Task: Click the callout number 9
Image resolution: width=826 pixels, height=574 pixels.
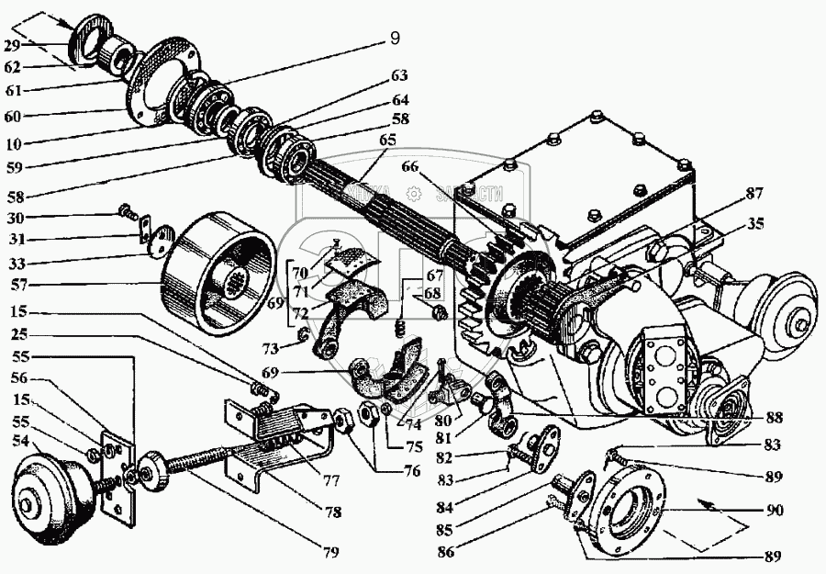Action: click(395, 39)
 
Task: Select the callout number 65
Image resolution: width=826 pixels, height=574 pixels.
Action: click(387, 140)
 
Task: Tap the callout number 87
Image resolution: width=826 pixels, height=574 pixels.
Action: click(754, 193)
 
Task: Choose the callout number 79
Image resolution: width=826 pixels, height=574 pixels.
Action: click(329, 552)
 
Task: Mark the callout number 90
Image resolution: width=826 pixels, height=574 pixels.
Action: click(776, 510)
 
